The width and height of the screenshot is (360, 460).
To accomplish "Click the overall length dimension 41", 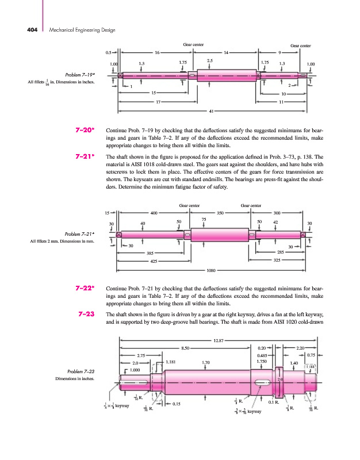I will coord(212,110).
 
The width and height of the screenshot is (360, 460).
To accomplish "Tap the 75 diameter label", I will coord(204,219).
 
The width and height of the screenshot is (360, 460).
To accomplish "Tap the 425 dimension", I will coord(153,261).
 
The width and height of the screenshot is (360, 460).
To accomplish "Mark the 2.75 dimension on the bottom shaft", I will coord(140,355).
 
